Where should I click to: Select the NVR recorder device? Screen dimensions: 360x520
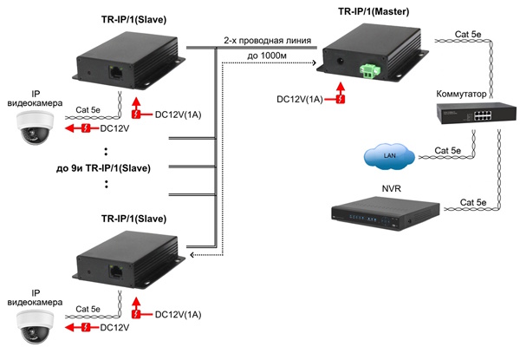tap(382, 213)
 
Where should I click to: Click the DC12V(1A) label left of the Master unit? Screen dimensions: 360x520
tap(300, 99)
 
